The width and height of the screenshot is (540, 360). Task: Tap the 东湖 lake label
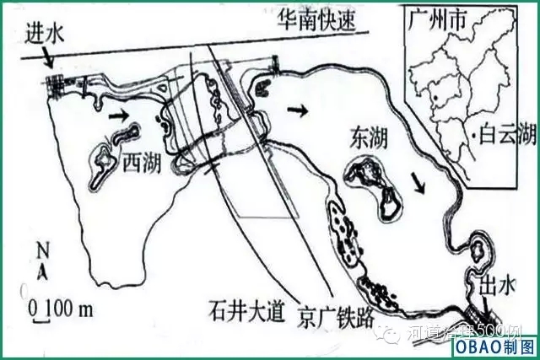[x=369, y=139]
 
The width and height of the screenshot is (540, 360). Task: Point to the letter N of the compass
[x=40, y=250]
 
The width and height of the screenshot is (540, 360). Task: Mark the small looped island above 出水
[x=478, y=248]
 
